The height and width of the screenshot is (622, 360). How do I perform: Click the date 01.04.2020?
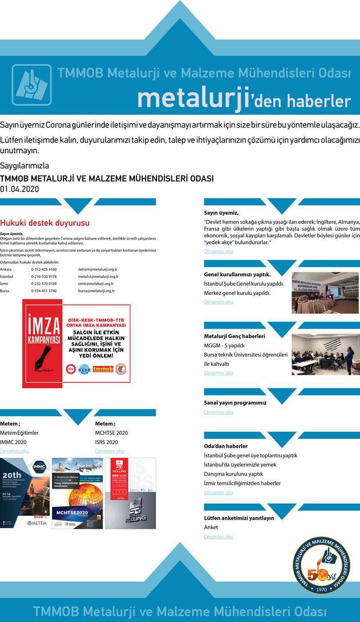(x=19, y=189)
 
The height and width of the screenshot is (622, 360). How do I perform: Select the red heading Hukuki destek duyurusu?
(x=45, y=223)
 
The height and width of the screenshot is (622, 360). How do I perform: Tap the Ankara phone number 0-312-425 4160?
(x=44, y=269)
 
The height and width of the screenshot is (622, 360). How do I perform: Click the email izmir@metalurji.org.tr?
(x=96, y=284)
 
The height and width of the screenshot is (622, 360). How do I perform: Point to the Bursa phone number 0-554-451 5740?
(x=44, y=291)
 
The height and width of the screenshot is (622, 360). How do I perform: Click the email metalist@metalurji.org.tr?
(x=98, y=276)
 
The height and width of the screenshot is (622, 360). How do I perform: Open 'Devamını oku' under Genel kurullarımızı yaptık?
(x=218, y=302)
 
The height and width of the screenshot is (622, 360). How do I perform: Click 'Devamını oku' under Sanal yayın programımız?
(x=218, y=412)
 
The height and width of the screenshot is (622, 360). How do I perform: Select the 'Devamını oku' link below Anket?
(x=218, y=537)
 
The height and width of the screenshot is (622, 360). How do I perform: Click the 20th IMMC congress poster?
(x=25, y=493)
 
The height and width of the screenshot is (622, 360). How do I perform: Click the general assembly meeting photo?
(x=325, y=293)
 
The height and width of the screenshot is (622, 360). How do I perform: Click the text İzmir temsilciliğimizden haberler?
(x=242, y=483)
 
